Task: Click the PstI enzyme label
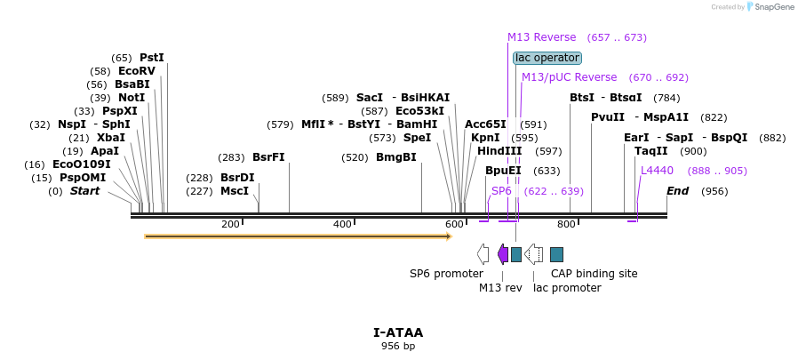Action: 152,58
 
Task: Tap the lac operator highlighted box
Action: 547,58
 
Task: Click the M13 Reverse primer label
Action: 541,37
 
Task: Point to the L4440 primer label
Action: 657,170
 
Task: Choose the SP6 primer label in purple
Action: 501,191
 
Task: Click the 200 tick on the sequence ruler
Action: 230,224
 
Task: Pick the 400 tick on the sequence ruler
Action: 342,224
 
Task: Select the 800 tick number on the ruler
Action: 566,224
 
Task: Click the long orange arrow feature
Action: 298,236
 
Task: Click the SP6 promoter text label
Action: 446,274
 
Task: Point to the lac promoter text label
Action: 567,288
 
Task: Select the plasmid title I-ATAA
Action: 398,333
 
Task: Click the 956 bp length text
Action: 398,346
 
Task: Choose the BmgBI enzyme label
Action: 396,157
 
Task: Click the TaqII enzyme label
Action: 651,151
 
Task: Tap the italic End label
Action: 678,191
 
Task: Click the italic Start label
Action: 85,191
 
